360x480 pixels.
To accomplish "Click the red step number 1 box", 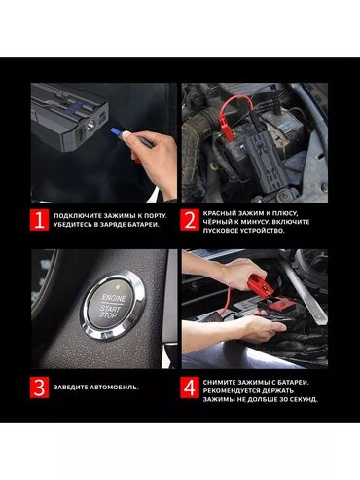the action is (x=40, y=220).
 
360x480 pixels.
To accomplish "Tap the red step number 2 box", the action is (x=190, y=220).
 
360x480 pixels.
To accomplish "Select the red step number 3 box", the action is (x=40, y=388).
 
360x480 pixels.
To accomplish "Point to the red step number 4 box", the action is (x=190, y=388).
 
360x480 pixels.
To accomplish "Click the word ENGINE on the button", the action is (x=114, y=298).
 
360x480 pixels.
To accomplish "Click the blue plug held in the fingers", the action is (x=116, y=131).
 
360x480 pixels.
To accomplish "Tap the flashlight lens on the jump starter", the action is (x=90, y=124).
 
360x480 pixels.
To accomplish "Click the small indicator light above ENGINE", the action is (x=118, y=287).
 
